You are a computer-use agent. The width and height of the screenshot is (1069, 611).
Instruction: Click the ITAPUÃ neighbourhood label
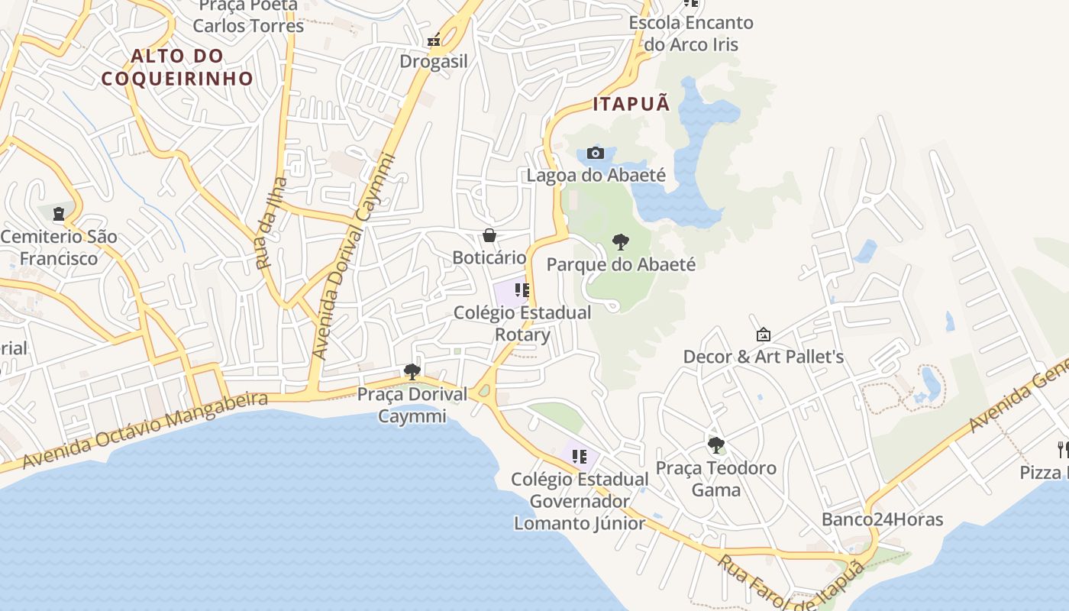[631, 104]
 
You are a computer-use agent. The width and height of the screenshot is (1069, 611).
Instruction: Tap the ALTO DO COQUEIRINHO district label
[177, 67]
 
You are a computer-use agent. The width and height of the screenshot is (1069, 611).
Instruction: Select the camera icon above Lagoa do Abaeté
[596, 154]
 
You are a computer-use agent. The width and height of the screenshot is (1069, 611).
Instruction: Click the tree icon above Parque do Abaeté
[621, 243]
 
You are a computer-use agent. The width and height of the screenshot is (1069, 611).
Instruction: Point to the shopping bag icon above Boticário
[489, 235]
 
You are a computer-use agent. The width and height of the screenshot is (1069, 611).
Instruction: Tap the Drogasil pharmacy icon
[434, 40]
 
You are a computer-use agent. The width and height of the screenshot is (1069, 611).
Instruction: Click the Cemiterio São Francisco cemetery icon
[59, 214]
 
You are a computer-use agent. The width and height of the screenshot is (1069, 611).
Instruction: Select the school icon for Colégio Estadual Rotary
[522, 290]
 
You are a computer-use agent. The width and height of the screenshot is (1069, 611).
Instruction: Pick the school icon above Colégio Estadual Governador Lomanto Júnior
[580, 457]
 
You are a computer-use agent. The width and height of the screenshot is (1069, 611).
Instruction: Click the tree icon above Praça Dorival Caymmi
[412, 372]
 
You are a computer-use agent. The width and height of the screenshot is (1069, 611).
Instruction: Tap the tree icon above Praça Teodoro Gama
[715, 445]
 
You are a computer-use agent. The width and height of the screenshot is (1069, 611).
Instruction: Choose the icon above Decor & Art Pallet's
[763, 335]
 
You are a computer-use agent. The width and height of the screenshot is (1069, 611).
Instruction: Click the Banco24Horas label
[882, 520]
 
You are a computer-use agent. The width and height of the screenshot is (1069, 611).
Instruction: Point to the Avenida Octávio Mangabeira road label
[145, 432]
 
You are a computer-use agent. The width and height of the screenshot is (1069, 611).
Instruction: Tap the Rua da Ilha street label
[272, 223]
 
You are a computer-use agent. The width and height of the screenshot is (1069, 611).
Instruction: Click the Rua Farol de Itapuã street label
[791, 583]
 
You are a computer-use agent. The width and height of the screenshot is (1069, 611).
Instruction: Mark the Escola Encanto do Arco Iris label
[691, 34]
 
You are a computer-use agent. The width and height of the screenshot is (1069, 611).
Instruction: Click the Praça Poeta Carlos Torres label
[248, 16]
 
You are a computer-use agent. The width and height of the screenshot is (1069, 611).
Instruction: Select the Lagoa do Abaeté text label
[596, 176]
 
